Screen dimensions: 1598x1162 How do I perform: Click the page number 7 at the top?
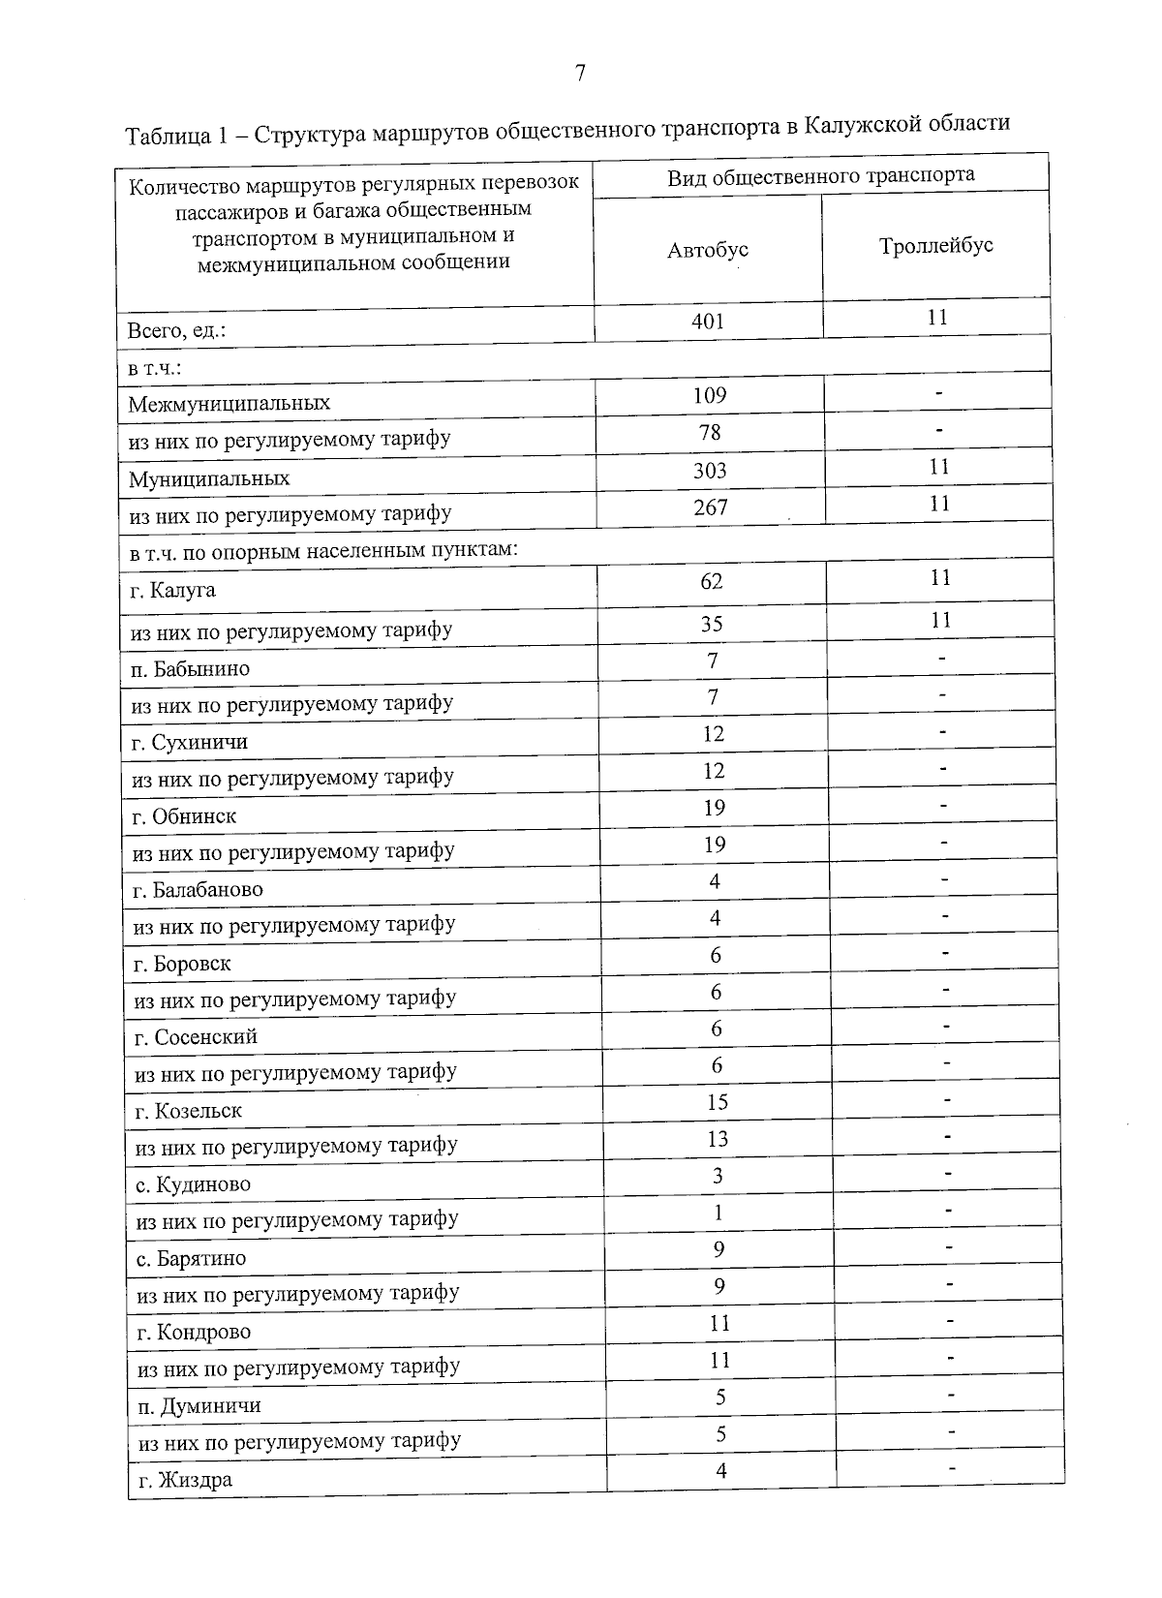[580, 74]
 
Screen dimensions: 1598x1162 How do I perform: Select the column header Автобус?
[708, 250]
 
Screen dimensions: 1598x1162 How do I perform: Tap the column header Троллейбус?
[936, 246]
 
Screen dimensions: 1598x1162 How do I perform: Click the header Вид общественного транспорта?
[820, 175]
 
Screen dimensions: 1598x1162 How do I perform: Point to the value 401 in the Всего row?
[708, 322]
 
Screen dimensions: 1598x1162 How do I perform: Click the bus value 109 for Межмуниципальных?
[710, 395]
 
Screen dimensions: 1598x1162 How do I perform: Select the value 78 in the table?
[710, 432]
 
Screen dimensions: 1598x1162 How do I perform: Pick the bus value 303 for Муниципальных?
[710, 471]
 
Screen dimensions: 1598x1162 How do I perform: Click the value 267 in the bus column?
[711, 507]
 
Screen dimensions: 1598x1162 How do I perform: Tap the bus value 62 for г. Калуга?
[712, 581]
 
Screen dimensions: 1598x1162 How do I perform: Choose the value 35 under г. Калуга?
[712, 624]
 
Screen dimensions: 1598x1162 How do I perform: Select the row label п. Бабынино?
[191, 669]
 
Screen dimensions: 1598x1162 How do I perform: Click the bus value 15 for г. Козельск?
[717, 1102]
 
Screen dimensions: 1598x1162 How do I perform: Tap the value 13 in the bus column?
[717, 1139]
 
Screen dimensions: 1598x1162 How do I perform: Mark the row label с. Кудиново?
[193, 1184]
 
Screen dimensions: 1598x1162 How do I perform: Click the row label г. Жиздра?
[185, 1480]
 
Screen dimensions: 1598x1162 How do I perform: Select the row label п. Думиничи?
[199, 1405]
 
